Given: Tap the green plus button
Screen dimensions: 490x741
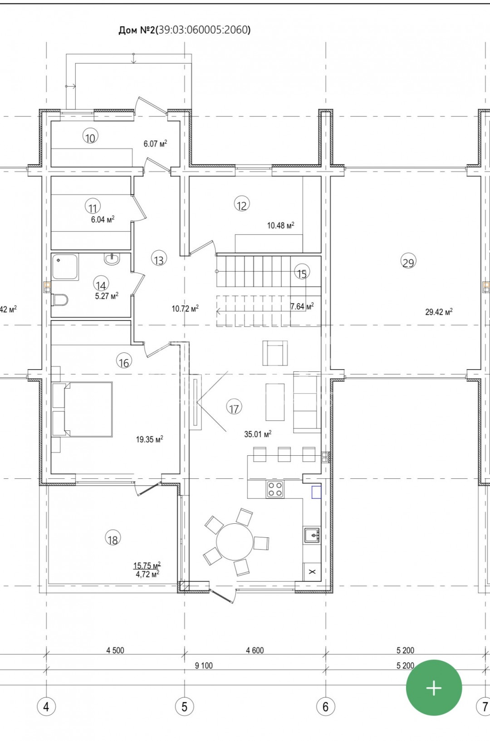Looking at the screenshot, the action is pos(434,688).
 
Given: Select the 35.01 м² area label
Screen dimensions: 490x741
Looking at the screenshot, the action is pos(258,434).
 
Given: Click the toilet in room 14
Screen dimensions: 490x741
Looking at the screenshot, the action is pos(60,300).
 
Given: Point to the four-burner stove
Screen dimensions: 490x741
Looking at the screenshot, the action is pos(275,490).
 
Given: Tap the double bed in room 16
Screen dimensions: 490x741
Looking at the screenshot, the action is pos(83,409).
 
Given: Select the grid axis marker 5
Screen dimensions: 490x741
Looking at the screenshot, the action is pos(184,707).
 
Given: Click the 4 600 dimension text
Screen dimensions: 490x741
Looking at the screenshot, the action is pos(255,650).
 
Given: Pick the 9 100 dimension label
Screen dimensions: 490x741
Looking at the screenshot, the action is pos(204,666).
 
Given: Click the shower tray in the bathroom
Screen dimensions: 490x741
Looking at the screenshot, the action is pos(65,267).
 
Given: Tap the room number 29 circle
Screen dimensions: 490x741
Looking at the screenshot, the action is pos(408,261).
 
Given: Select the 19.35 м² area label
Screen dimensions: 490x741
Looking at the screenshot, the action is pos(150,439).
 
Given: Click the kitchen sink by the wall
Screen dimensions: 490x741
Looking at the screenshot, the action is pos(312,535).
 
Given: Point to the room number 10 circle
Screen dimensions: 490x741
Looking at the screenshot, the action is pos(90,136).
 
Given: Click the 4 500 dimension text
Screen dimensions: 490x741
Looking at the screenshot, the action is pos(115,650).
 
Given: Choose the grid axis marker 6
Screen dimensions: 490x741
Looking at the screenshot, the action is pos(325,707).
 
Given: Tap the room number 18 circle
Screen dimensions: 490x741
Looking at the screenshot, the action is pos(113,537).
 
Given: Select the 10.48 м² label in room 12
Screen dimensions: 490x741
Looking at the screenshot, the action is pos(280,225).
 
